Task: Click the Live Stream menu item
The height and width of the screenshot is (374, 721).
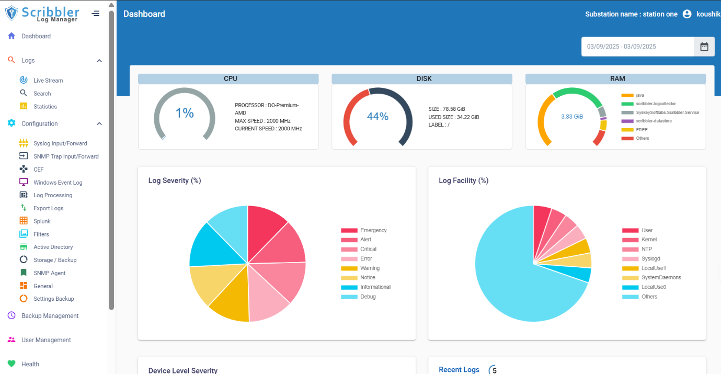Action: [48, 81]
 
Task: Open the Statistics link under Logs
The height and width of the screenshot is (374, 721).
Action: [45, 107]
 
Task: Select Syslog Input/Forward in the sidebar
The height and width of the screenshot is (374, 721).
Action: [60, 143]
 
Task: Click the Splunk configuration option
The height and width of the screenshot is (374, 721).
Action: [42, 221]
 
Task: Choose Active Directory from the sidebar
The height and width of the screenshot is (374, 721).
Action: [53, 247]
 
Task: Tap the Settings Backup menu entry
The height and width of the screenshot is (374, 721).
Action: [53, 299]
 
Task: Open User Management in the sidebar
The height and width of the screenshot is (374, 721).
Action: [46, 340]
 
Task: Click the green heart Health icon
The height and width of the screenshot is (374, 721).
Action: [12, 364]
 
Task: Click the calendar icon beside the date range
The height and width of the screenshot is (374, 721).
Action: [704, 47]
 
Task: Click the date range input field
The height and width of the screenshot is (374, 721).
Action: [637, 47]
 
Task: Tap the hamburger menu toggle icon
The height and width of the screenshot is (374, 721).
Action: [96, 14]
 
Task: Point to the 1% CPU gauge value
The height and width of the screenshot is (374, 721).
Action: [185, 113]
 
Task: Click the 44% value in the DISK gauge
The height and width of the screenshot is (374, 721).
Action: [377, 116]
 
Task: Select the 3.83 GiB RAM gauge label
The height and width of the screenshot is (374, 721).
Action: [572, 117]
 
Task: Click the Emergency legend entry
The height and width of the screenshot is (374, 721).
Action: [373, 230]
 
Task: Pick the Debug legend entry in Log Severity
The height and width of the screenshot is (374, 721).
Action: [368, 297]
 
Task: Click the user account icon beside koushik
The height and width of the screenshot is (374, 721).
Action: [687, 14]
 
